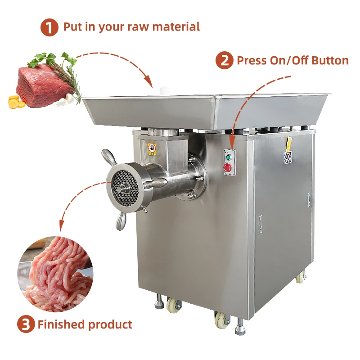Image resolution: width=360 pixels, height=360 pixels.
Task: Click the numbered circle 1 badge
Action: (x=50, y=27)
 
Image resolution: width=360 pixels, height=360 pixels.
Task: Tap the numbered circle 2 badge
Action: (x=224, y=61)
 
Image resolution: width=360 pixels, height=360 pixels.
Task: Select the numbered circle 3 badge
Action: (x=26, y=324)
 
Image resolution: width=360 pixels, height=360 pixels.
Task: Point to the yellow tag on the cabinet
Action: (x=288, y=145)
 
